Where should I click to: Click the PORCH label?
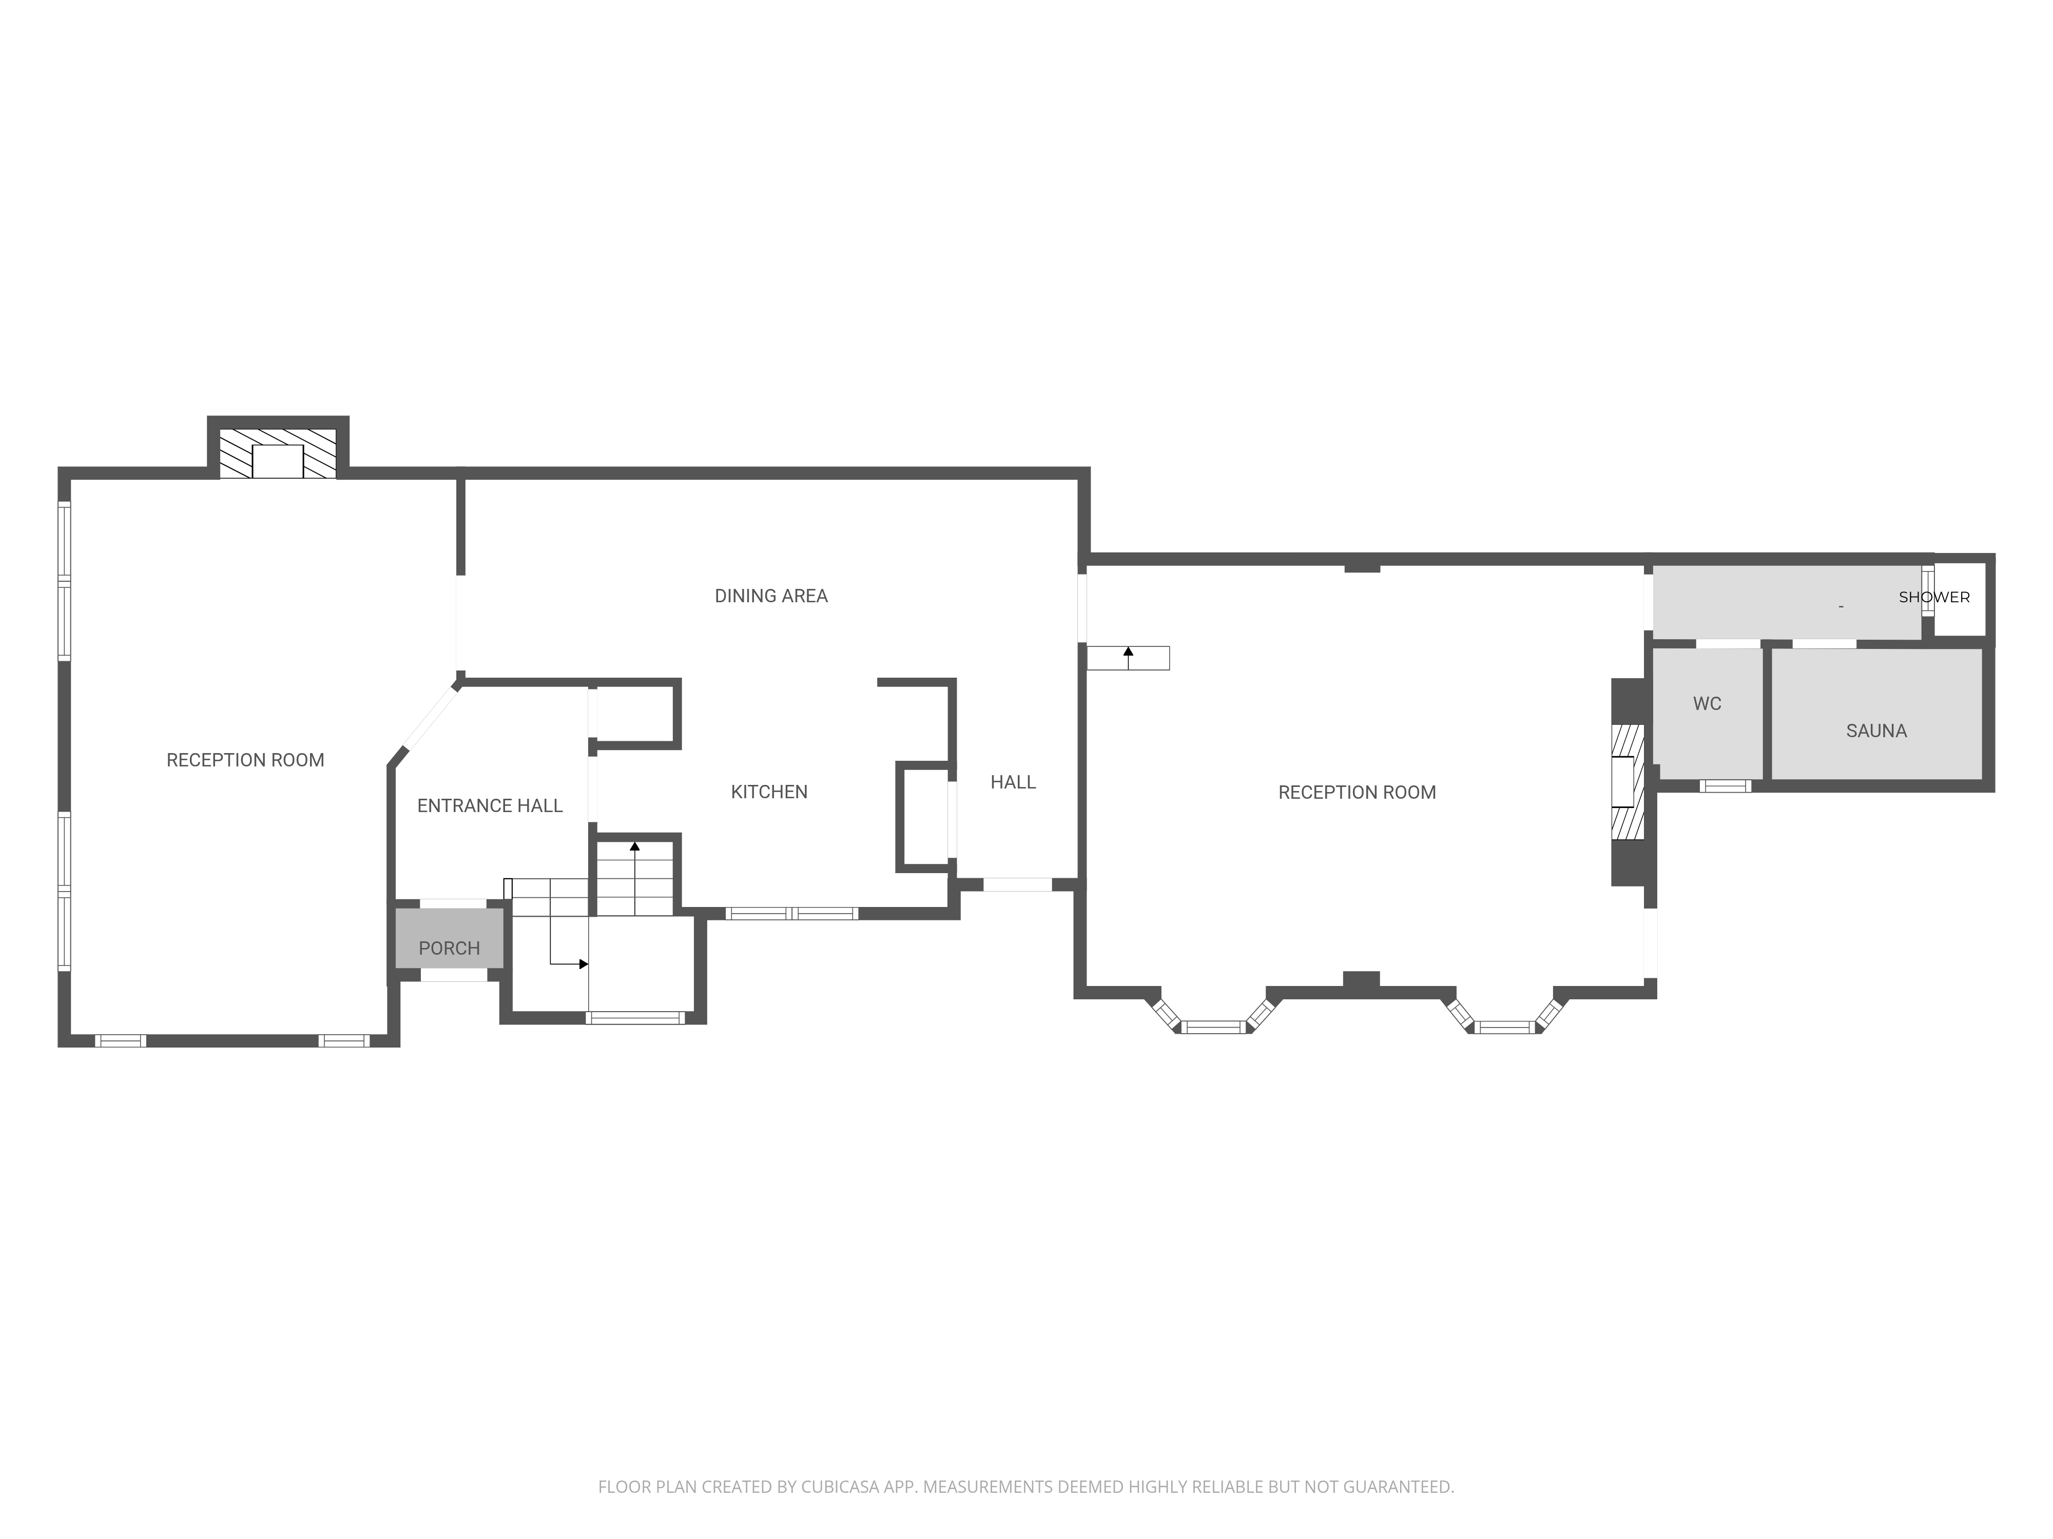click(x=449, y=948)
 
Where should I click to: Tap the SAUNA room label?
click(x=1876, y=731)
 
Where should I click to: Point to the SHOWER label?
click(x=1934, y=598)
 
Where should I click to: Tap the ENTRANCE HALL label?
click(x=490, y=806)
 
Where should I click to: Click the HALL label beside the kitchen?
click(x=1013, y=782)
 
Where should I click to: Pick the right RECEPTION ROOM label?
click(x=1357, y=792)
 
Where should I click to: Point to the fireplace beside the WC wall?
click(x=1627, y=782)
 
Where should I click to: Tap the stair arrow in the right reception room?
click(x=1129, y=658)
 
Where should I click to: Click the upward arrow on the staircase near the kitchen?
click(x=635, y=878)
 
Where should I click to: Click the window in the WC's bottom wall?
click(x=1726, y=786)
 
